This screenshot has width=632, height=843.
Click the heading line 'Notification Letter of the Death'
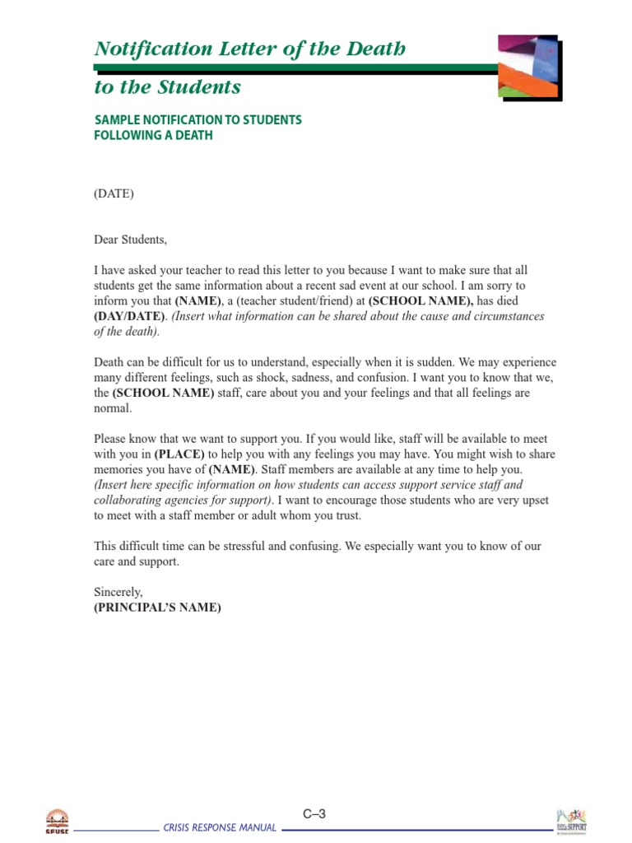[x=250, y=49]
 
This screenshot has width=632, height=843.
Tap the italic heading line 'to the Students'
[x=168, y=87]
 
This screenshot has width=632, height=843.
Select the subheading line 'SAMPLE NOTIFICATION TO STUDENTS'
[x=198, y=120]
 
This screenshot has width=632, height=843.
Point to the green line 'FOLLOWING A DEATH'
[x=153, y=135]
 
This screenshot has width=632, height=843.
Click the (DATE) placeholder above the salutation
[x=114, y=194]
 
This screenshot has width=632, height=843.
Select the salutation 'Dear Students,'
[x=130, y=240]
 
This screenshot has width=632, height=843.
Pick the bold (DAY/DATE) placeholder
[x=129, y=316]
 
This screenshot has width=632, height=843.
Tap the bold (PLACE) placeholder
[x=179, y=454]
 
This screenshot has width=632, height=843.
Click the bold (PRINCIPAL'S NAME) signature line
[x=157, y=608]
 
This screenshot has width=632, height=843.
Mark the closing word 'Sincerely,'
[x=118, y=592]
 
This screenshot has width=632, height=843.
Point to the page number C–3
[x=314, y=814]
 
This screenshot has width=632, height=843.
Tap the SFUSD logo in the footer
[x=57, y=821]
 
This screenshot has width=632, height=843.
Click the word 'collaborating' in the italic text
[x=130, y=501]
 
